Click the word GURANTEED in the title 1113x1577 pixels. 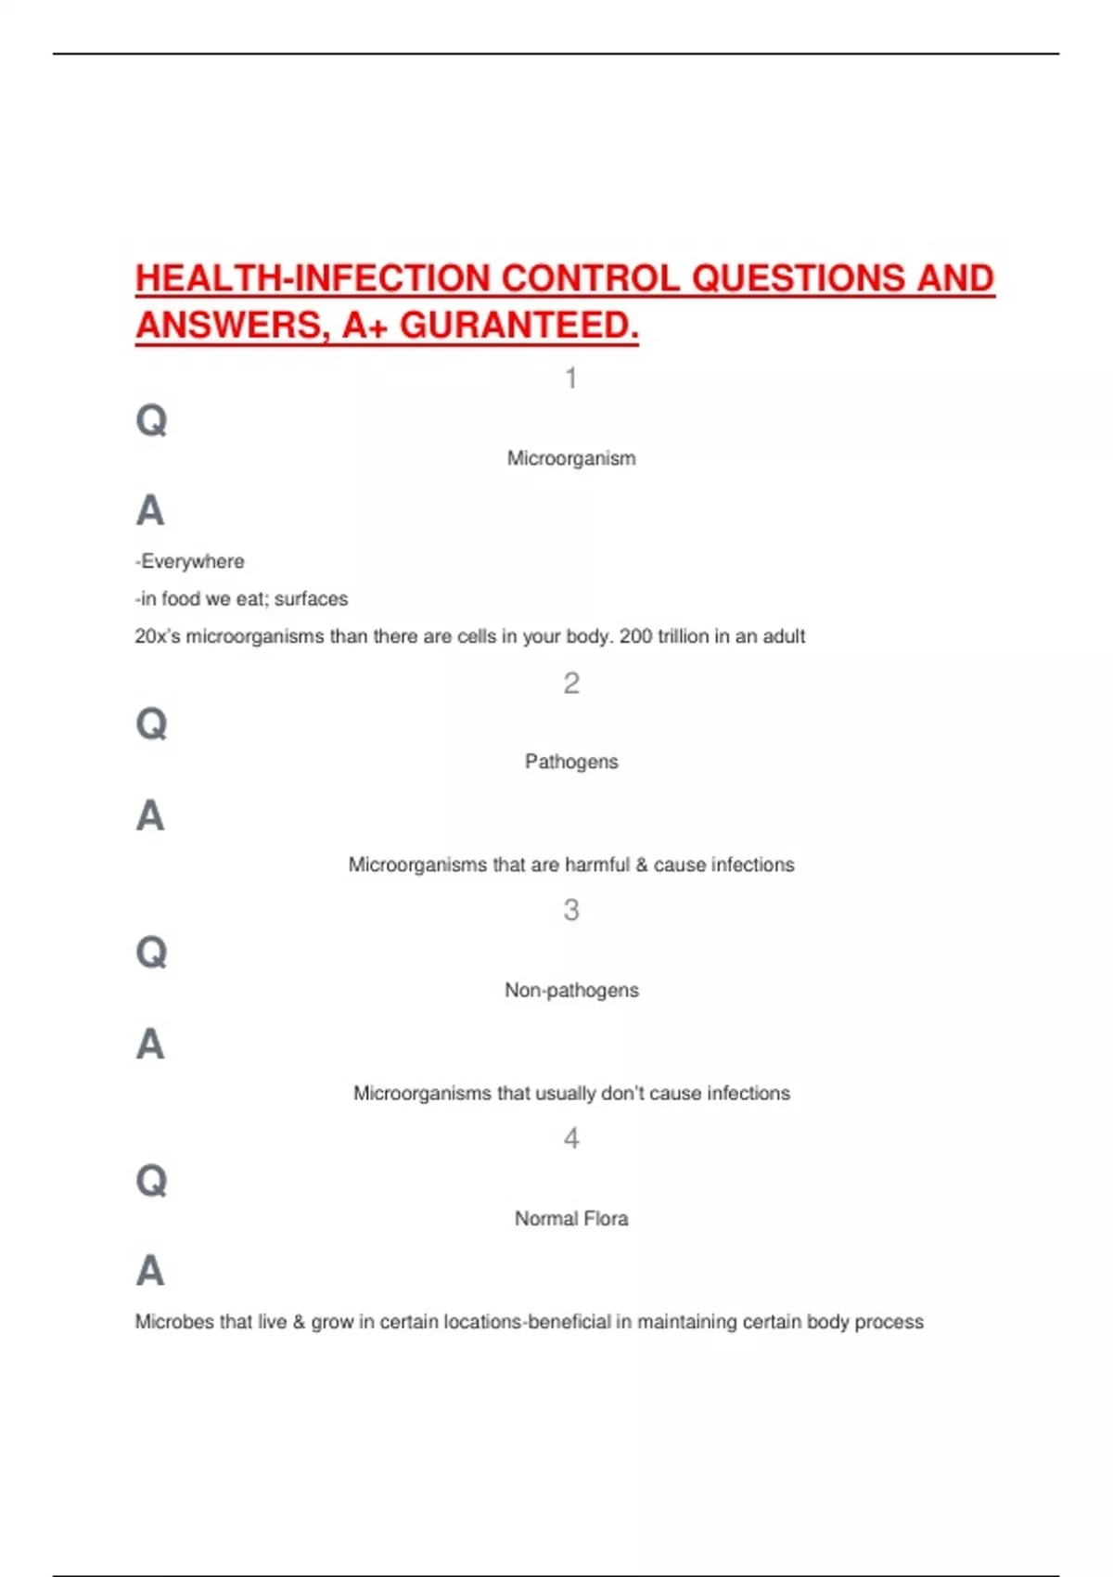[x=518, y=326]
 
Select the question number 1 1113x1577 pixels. [x=571, y=378]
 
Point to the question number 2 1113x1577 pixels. [x=571, y=684]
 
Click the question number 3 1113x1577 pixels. [x=571, y=910]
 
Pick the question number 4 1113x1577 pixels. [x=571, y=1138]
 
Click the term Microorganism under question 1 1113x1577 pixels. [x=571, y=458]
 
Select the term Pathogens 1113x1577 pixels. [x=571, y=762]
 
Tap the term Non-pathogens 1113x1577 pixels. [x=571, y=990]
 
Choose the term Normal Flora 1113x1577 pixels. [x=571, y=1218]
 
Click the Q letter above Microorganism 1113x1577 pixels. [x=151, y=420]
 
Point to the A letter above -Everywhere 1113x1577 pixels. [x=150, y=510]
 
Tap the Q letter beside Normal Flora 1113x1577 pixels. [x=151, y=1181]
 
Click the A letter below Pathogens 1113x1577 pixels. [x=150, y=816]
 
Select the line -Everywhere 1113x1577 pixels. [x=190, y=561]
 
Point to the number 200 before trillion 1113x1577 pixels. [x=635, y=636]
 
